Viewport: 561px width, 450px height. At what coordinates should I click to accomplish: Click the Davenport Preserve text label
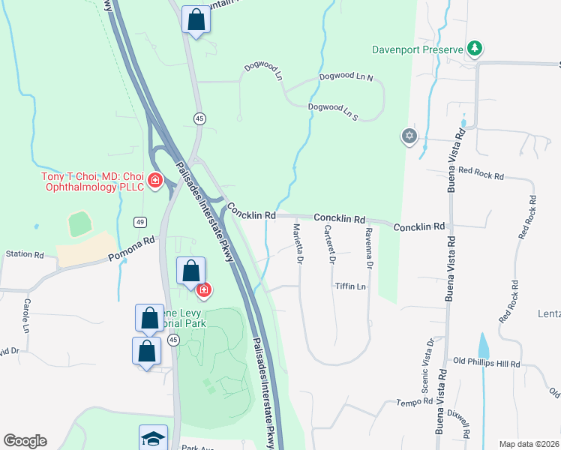pyautogui.click(x=418, y=50)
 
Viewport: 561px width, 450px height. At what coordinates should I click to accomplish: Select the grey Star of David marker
pyautogui.click(x=409, y=136)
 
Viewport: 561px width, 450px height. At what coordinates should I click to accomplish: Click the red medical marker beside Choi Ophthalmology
pyautogui.click(x=155, y=181)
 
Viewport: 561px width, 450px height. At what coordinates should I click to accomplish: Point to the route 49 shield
pyautogui.click(x=140, y=222)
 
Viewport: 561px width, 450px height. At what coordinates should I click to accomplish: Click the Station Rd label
pyautogui.click(x=25, y=254)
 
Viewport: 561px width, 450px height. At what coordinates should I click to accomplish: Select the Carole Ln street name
pyautogui.click(x=27, y=316)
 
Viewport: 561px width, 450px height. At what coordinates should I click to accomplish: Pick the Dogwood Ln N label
pyautogui.click(x=346, y=76)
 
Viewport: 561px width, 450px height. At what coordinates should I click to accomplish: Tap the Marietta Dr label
pyautogui.click(x=298, y=243)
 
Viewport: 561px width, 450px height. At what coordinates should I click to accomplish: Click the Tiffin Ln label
pyautogui.click(x=350, y=286)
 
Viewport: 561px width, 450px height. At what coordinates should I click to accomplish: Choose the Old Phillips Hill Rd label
pyautogui.click(x=487, y=364)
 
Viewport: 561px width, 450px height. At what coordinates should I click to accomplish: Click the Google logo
pyautogui.click(x=25, y=441)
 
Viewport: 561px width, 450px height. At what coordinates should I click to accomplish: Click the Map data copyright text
pyautogui.click(x=528, y=444)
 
